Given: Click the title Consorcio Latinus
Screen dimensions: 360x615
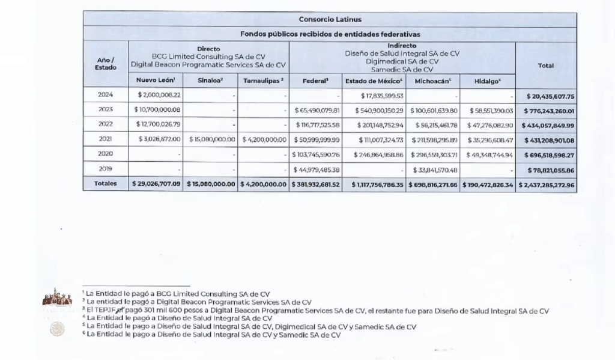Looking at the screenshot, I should [330, 19].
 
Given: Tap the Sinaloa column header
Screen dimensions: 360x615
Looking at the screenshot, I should [212, 81].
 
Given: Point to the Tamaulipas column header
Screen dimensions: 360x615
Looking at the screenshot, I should [264, 81].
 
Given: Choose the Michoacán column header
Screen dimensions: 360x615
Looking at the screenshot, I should [434, 81].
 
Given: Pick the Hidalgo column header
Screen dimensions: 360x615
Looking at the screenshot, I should [487, 81].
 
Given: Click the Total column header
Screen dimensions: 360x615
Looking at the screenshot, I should [546, 66].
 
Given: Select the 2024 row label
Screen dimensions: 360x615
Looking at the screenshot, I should [105, 95].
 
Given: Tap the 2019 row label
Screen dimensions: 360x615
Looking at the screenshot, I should [105, 170].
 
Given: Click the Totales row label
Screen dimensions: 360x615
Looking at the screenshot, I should [105, 184].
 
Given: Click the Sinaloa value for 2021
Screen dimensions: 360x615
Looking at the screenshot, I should [211, 140].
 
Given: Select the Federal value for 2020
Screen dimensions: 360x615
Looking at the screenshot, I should [316, 155].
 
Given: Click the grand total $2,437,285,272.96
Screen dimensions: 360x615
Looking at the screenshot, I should [547, 185].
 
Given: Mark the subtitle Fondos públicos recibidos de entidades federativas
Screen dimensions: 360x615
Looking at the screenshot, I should [330, 34].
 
